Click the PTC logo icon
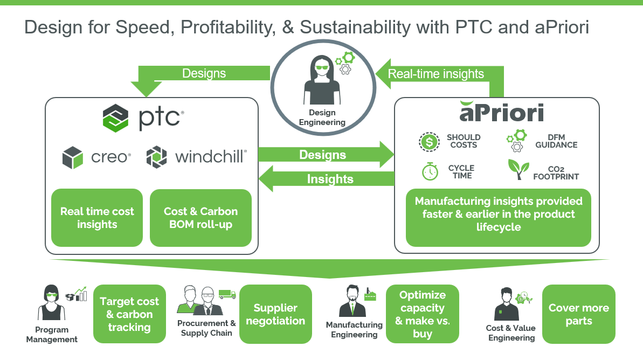pyautogui.click(x=115, y=118)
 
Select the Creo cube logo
pyautogui.click(x=73, y=157)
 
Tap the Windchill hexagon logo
pyautogui.click(x=157, y=157)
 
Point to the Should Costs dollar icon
pyautogui.click(x=430, y=142)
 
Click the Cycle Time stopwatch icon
pyautogui.click(x=430, y=171)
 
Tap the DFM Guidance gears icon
pyautogui.click(x=515, y=142)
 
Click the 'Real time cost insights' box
pyautogui.click(x=97, y=218)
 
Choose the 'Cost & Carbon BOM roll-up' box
pyautogui.click(x=200, y=218)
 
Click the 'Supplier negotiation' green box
pyautogui.click(x=275, y=314)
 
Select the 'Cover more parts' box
pyautogui.click(x=578, y=314)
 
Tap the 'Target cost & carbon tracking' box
pyautogui.click(x=129, y=314)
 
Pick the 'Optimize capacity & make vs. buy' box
pyautogui.click(x=422, y=314)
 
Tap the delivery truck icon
pyautogui.click(x=227, y=294)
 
